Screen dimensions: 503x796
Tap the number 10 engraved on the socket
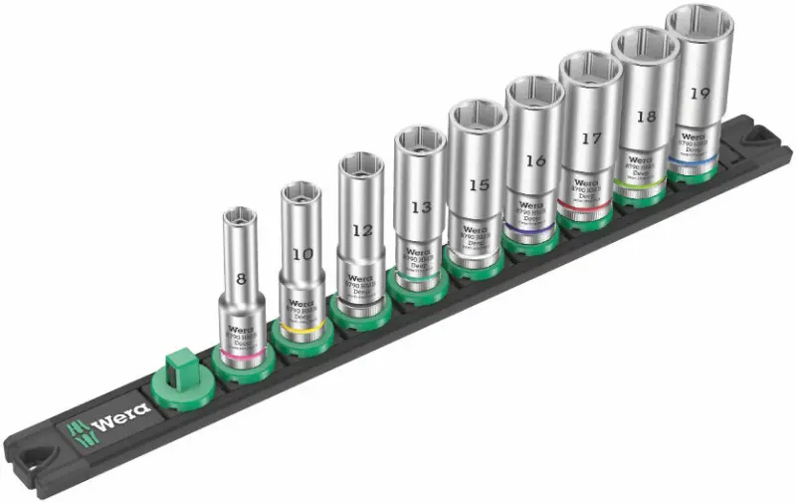click(303, 254)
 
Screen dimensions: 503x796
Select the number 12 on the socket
click(363, 230)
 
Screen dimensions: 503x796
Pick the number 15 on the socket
click(478, 185)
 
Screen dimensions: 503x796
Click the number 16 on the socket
click(535, 160)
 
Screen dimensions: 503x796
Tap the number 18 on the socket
click(646, 116)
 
